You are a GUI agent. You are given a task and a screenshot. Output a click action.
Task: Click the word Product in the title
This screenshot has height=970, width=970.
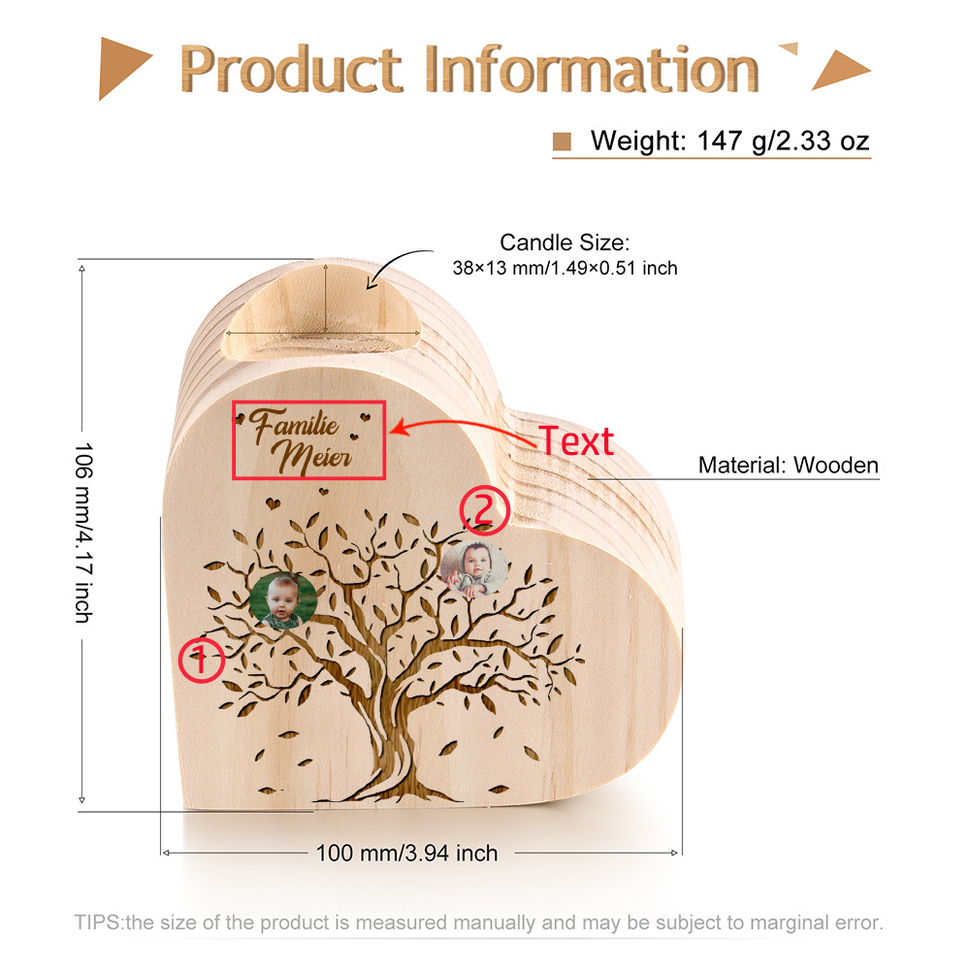(x=291, y=69)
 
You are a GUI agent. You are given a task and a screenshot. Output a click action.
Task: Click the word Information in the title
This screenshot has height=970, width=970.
(x=592, y=69)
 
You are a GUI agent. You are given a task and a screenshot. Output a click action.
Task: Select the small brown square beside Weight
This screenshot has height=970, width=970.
(x=562, y=142)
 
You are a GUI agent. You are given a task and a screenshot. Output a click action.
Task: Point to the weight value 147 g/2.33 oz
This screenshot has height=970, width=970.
(x=783, y=141)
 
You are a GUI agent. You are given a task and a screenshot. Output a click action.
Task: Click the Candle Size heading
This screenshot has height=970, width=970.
(x=565, y=242)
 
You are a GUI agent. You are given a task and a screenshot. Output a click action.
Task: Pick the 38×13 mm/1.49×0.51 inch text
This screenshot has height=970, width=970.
(x=565, y=268)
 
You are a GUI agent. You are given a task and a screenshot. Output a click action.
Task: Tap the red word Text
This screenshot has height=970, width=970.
(x=576, y=441)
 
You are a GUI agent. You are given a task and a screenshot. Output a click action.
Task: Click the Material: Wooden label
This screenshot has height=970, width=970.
(x=788, y=465)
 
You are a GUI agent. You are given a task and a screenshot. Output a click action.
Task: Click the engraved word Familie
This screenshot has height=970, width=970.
(x=294, y=426)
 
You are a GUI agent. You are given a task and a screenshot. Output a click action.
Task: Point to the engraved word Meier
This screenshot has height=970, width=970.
(x=312, y=457)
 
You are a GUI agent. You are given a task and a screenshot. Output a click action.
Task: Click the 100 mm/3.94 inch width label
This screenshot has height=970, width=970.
(x=406, y=853)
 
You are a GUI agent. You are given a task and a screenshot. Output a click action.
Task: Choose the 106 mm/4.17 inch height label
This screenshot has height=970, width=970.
(x=83, y=532)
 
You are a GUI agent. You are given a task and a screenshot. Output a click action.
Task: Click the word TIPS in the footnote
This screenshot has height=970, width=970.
(x=98, y=922)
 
